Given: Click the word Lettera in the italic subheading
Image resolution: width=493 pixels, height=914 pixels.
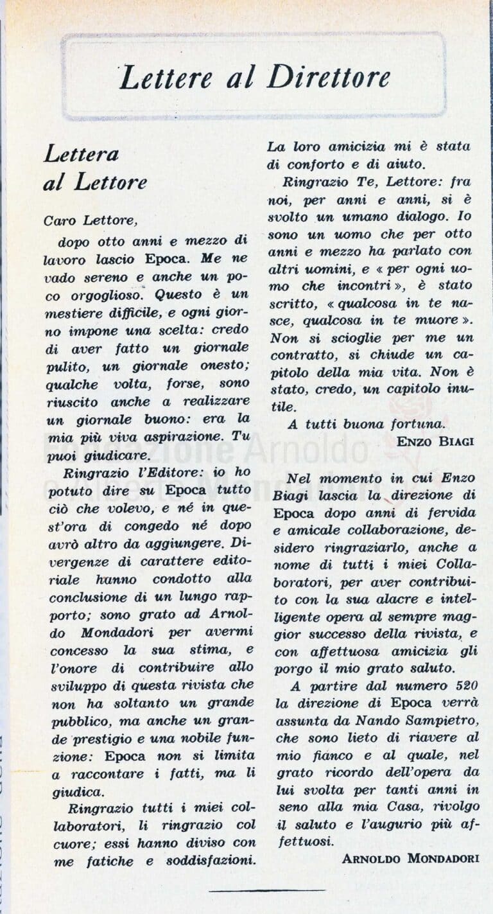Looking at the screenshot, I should [82, 154].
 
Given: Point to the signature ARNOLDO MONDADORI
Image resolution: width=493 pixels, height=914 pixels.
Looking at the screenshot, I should [410, 858].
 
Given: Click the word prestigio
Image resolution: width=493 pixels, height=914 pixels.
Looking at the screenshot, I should [105, 738].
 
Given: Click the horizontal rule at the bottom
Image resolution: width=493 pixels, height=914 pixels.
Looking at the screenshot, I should [266, 890].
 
